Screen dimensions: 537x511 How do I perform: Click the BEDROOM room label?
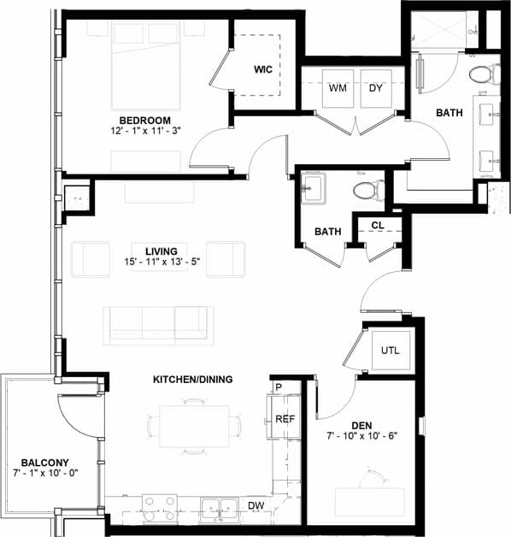(144, 119)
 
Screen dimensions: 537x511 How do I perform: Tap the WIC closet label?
(262, 69)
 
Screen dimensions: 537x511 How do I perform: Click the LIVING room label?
(160, 251)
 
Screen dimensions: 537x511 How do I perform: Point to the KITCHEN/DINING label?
(194, 379)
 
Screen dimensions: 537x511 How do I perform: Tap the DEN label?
(363, 425)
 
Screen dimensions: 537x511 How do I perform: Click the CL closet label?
(376, 226)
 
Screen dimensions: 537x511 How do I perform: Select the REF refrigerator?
(285, 418)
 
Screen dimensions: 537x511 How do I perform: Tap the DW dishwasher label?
(255, 506)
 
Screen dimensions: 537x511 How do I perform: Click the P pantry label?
(279, 387)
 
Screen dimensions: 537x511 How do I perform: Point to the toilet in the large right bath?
(482, 74)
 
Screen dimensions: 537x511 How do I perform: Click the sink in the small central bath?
(312, 188)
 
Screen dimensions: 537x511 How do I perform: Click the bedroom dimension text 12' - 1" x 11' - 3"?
(144, 131)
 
